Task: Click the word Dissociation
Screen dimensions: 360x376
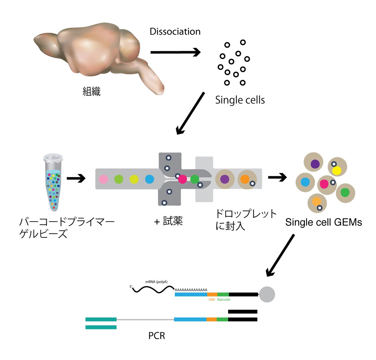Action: coord(175,31)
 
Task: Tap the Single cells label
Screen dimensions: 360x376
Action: coord(240,100)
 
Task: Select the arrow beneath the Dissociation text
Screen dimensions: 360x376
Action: coord(175,52)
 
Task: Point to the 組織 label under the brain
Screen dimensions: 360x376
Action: coord(91,92)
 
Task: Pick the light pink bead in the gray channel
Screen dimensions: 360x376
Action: coord(103,179)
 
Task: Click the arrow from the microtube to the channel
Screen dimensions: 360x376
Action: coord(76,178)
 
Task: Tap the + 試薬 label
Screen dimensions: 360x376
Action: coord(169,221)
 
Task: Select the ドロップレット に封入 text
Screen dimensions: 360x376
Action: coord(246,220)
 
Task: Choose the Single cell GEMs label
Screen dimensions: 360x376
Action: coord(323,222)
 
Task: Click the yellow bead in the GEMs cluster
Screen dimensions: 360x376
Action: coord(337,171)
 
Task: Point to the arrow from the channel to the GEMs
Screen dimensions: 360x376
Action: coord(277,177)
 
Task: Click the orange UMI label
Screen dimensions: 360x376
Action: coord(212,299)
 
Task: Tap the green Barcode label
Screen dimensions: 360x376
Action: coord(224,299)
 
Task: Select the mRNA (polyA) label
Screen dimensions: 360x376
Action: coord(156,282)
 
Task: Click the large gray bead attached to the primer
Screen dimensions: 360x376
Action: coord(267,294)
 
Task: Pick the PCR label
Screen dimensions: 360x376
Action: coord(157,336)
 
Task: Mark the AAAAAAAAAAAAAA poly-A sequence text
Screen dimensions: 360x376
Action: coord(191,290)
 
